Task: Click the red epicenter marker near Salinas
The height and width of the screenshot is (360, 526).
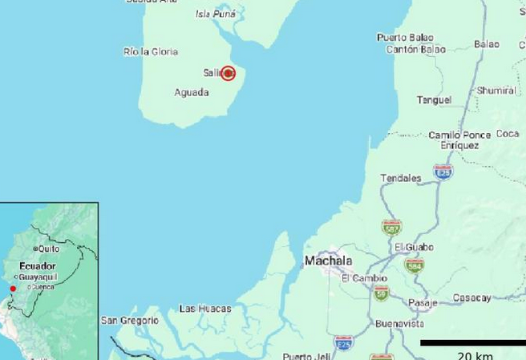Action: tap(228, 73)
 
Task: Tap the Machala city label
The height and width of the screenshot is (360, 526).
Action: tap(328, 261)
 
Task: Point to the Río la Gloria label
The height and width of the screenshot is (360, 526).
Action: tap(151, 51)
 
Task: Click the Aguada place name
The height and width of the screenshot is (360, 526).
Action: tap(192, 92)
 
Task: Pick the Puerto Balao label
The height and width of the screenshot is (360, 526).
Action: tap(405, 37)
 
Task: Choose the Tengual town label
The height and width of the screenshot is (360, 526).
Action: tap(434, 100)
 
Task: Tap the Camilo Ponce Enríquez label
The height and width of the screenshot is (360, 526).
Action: tap(459, 140)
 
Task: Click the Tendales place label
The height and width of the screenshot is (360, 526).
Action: tap(400, 178)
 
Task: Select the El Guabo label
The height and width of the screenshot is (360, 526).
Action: tap(414, 247)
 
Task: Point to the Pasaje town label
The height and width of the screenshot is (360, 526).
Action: tap(423, 303)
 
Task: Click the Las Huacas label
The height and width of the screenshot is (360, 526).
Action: tap(205, 309)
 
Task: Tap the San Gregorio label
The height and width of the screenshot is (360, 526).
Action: tap(130, 321)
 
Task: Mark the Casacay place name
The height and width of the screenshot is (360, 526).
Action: tap(471, 298)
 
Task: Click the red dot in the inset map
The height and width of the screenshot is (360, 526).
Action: tap(13, 289)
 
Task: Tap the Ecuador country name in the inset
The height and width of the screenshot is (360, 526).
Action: tap(38, 266)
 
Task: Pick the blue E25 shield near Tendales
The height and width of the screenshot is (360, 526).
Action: tap(443, 172)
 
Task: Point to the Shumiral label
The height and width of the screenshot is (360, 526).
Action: tap(496, 91)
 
